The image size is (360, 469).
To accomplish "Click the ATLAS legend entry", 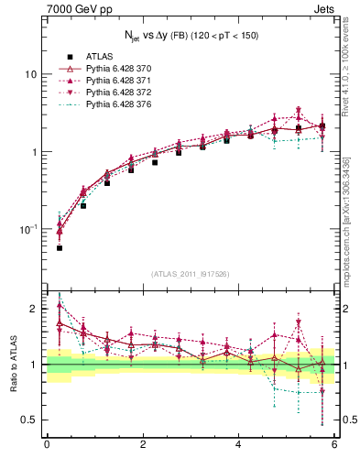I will pos(99,56).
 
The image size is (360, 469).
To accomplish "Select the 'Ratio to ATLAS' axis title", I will pos(12,364).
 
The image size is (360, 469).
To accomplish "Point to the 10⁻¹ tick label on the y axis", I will pos(27,229).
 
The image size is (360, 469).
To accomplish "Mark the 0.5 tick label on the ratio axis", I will pos(28,420).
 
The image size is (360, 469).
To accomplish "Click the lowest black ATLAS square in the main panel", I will pos(60,248).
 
